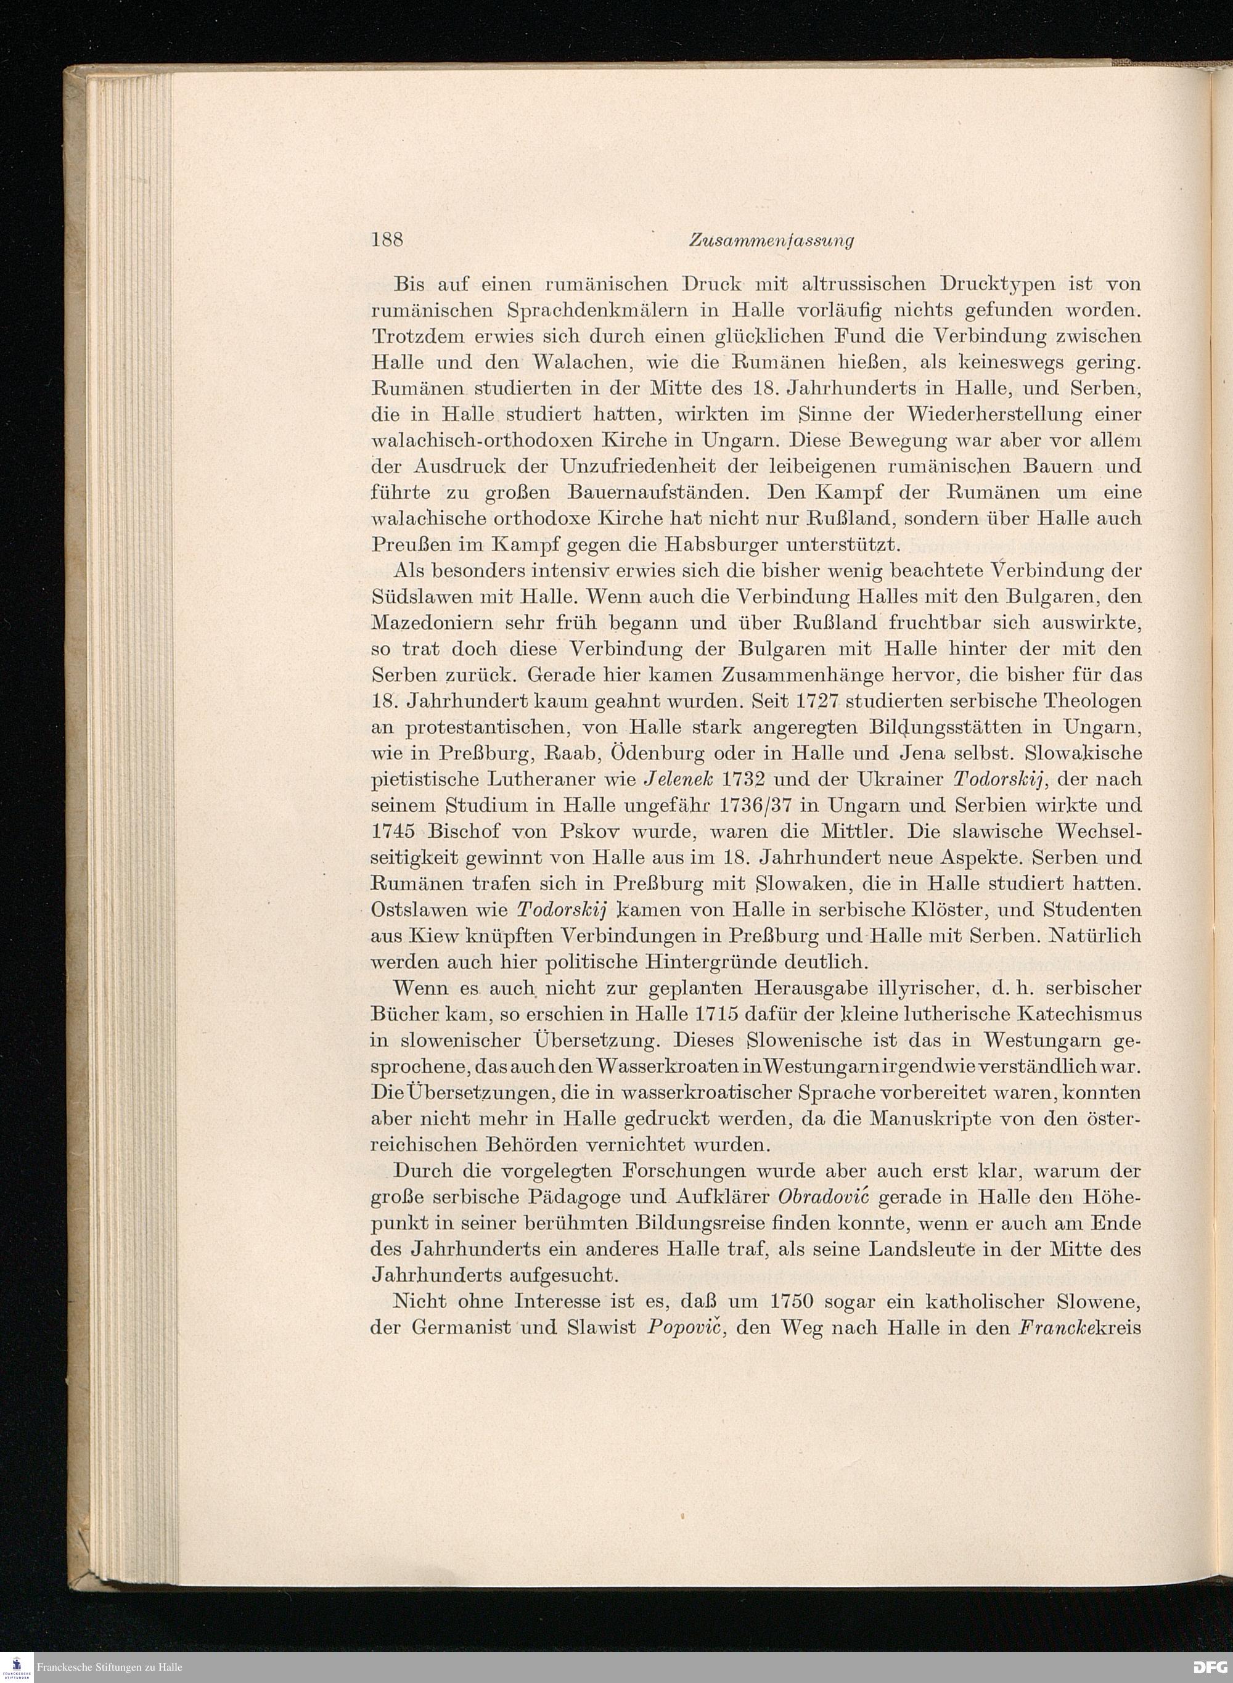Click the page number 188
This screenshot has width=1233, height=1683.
387,240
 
